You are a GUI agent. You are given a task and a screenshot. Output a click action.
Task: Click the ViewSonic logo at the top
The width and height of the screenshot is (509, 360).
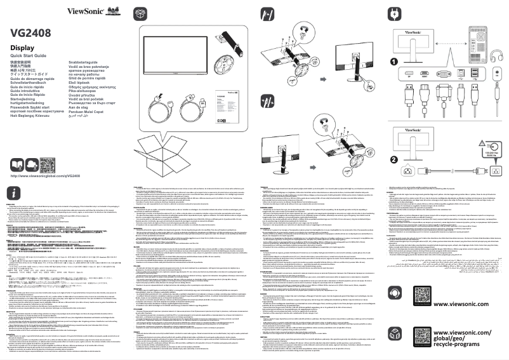pos(85,10)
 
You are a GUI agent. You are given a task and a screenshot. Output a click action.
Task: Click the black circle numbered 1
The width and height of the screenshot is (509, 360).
pos(394,62)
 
